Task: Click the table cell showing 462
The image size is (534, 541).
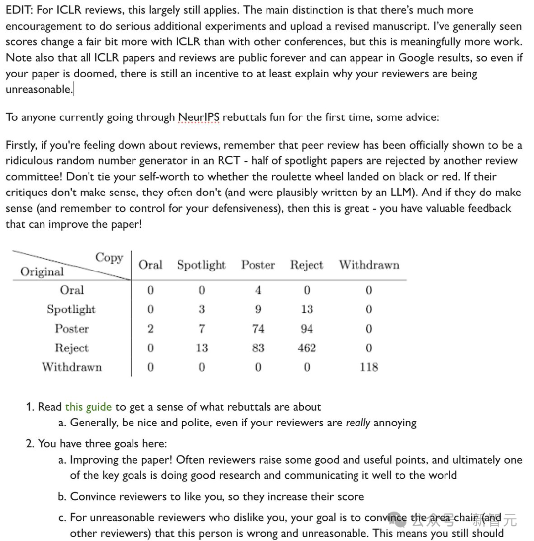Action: (x=307, y=348)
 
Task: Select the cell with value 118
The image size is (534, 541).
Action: (x=369, y=367)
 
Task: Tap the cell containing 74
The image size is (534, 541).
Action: (x=257, y=329)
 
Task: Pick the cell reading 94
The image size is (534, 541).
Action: (x=307, y=329)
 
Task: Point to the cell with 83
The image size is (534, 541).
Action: (x=257, y=348)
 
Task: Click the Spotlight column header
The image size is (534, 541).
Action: (x=201, y=265)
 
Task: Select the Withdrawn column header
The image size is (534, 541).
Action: (x=369, y=265)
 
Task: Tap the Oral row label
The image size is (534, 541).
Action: (x=72, y=290)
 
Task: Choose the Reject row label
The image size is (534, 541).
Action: (x=72, y=348)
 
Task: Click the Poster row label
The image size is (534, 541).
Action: (x=72, y=329)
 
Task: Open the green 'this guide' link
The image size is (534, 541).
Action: (x=89, y=407)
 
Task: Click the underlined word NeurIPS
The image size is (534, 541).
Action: (x=197, y=118)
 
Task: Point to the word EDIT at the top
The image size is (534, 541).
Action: (x=19, y=10)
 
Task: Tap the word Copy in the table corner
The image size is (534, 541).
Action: (x=109, y=258)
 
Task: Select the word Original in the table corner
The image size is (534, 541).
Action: (x=42, y=272)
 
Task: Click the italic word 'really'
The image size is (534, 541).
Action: (x=357, y=423)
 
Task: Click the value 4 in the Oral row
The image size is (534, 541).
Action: (x=257, y=290)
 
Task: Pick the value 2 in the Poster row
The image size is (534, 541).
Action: (x=151, y=329)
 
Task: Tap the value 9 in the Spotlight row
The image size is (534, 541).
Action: (x=257, y=309)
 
